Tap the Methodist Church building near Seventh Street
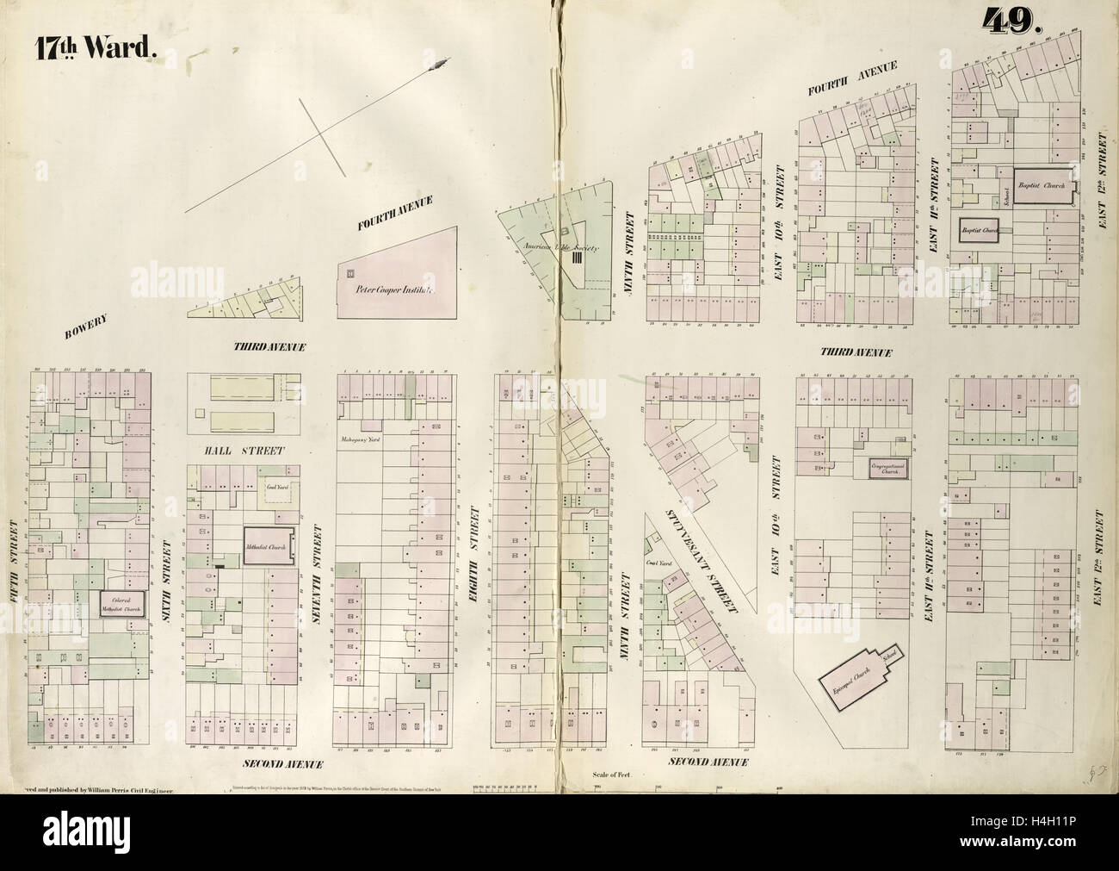[x=269, y=546]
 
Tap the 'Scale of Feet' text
[x=613, y=775]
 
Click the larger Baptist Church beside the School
[x=1042, y=185]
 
